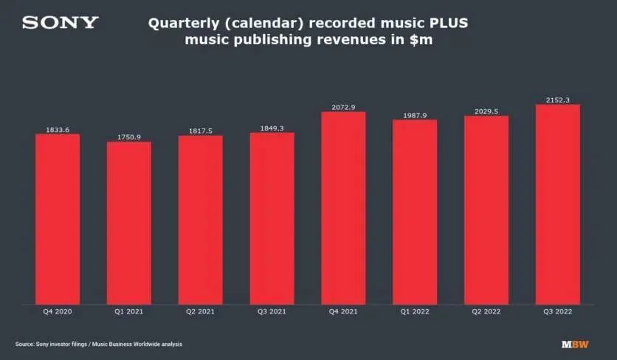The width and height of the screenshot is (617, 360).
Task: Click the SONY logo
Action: [60, 23]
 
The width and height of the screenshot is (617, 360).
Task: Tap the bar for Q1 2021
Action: [129, 222]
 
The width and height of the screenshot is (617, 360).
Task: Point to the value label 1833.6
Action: [58, 130]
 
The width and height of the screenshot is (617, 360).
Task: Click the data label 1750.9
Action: [129, 137]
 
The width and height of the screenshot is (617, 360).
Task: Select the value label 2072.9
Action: [343, 108]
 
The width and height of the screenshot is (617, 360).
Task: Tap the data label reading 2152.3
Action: [557, 100]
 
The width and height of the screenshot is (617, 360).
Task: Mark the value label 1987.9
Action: [415, 115]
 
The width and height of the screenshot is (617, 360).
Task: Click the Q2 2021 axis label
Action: [200, 312]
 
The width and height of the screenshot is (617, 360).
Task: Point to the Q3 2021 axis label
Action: [272, 312]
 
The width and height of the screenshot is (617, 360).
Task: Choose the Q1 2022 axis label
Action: [415, 312]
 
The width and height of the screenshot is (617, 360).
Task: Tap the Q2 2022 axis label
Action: [486, 312]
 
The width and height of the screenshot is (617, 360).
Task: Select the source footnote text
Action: [98, 344]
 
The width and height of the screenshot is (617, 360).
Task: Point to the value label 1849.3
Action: [272, 128]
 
